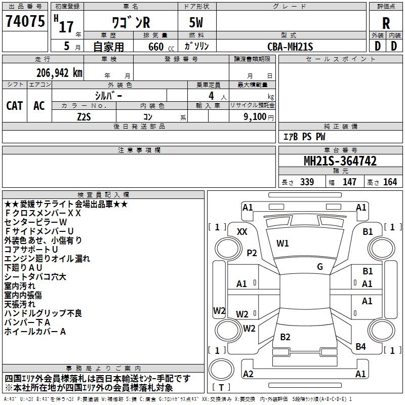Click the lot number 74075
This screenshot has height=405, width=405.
(25, 21)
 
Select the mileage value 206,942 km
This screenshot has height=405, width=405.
(59, 73)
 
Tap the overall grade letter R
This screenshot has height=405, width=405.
(386, 23)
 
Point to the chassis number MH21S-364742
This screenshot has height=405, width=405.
(340, 161)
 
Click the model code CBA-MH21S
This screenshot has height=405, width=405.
(290, 47)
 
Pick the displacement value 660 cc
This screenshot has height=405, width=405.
(161, 47)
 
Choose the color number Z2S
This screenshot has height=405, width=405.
(84, 117)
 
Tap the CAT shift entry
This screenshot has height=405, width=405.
(15, 106)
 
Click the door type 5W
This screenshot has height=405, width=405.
(196, 22)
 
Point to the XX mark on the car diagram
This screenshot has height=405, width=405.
(242, 232)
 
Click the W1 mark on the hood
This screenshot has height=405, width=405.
(282, 244)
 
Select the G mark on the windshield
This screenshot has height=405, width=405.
(320, 267)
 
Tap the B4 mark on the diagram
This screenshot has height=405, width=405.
(360, 347)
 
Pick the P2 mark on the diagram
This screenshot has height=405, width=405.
(252, 253)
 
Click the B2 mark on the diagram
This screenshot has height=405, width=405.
(285, 337)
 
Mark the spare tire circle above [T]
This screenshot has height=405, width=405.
(221, 370)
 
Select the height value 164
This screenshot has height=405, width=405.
(390, 182)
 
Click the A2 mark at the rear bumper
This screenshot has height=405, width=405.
(248, 374)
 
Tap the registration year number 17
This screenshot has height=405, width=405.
(66, 27)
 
